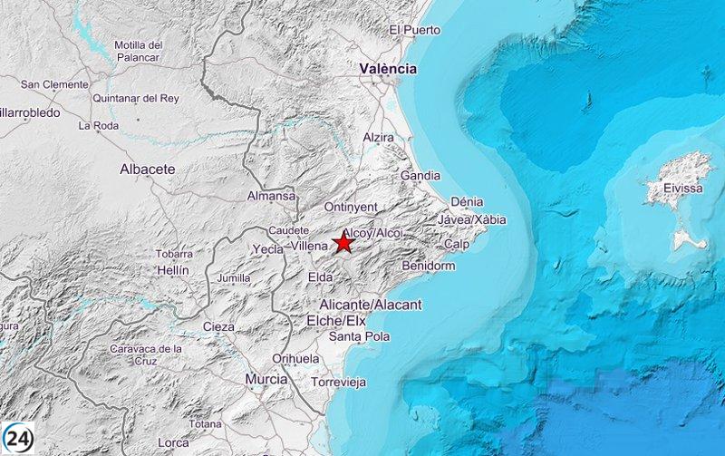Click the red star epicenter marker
click(343, 242)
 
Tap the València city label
click(387, 69)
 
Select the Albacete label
click(147, 170)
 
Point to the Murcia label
click(266, 379)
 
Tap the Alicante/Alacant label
click(371, 305)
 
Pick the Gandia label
click(420, 175)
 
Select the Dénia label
click(467, 201)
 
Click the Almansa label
click(271, 196)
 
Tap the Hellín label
click(171, 270)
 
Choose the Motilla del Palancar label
click(138, 51)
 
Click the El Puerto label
click(414, 30)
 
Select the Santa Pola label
click(358, 337)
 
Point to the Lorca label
click(173, 442)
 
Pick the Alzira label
click(377, 137)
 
